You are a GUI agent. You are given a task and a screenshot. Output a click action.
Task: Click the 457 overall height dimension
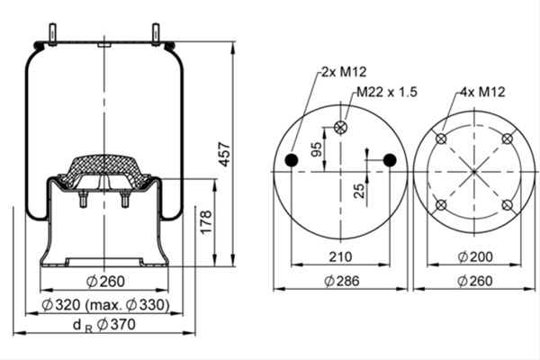coord(224,154)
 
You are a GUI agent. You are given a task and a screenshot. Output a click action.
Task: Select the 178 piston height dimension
coord(206,222)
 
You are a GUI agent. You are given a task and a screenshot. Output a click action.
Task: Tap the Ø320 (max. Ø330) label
coord(105,305)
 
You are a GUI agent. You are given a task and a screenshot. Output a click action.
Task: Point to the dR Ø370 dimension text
coord(104,325)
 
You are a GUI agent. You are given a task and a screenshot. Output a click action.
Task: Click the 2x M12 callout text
coord(344,72)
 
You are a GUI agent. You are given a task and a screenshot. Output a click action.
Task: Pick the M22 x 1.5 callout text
coord(387,92)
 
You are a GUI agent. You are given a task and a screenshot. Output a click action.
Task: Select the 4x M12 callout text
coord(482,92)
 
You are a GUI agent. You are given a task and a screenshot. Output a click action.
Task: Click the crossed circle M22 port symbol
coord(340,127)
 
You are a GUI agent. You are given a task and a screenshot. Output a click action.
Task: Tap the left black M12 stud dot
coord(292,160)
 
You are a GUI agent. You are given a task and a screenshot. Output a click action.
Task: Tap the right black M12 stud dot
coord(390,160)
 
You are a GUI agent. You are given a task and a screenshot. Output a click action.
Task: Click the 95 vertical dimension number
coord(317,149)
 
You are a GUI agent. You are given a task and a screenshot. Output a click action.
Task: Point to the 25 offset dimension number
coord(359,191)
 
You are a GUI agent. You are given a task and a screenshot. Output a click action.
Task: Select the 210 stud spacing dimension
coord(340,257)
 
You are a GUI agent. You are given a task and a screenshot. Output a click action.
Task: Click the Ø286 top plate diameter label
coord(342,281)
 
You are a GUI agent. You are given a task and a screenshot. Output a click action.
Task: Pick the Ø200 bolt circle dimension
coord(475,256)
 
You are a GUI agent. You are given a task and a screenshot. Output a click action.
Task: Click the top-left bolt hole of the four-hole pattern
coord(441,139)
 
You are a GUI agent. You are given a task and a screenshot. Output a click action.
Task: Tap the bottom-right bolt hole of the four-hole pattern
coord(507,205)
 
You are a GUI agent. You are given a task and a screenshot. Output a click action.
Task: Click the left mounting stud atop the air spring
coord(53,34)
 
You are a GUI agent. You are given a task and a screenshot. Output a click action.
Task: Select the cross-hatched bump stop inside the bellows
coord(104,170)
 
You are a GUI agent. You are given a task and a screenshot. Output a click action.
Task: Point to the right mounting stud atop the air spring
coord(156,34)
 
